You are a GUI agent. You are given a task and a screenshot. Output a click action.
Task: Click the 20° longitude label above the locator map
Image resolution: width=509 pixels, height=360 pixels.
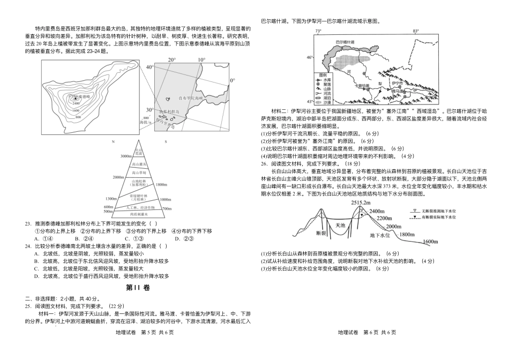tap(171, 59)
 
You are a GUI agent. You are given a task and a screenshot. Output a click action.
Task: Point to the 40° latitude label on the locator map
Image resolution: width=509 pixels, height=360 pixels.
tap(149, 67)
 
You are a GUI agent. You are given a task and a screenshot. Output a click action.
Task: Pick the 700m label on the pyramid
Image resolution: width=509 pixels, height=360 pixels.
tap(167, 206)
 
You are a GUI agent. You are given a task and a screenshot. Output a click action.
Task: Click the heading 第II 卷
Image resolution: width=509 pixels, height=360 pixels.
tap(138, 287)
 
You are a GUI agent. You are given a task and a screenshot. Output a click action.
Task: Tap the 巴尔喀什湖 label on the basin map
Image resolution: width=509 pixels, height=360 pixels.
tap(345, 41)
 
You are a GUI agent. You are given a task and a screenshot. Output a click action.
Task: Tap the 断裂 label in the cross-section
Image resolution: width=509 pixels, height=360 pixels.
tap(321, 233)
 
